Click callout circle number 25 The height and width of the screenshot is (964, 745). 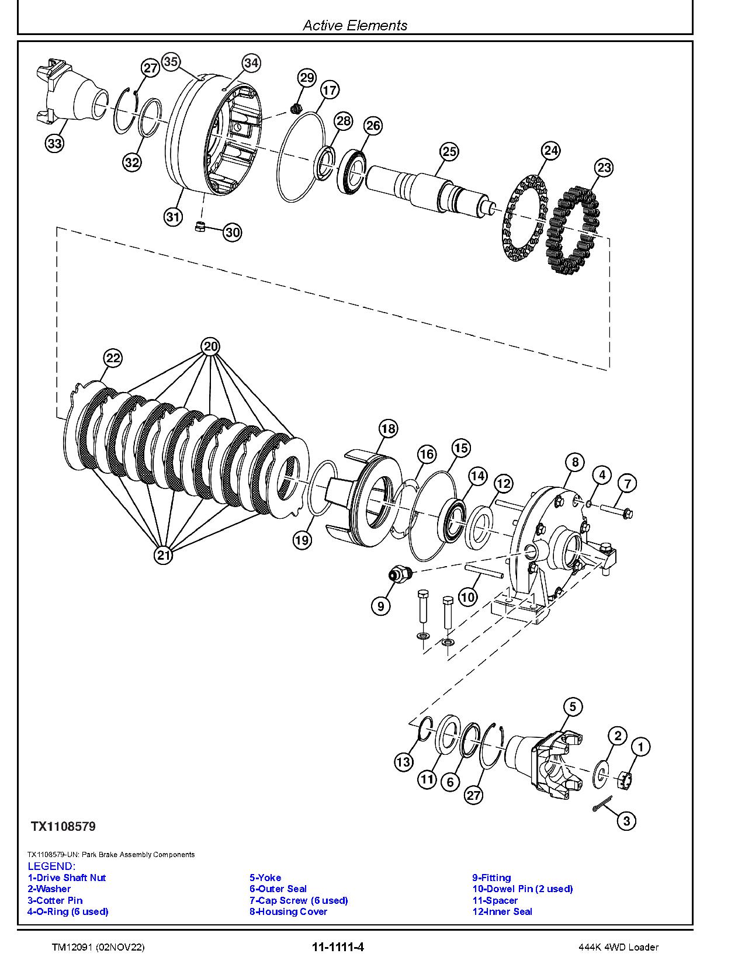coord(449,152)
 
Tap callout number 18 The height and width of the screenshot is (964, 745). coord(388,429)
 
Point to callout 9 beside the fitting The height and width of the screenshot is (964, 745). coord(380,606)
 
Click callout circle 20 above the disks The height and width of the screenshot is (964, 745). coord(210,346)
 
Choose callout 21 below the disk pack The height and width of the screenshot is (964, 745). coord(164,554)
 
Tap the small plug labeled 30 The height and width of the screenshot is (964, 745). coord(200,227)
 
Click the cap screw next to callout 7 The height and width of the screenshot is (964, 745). coord(617,512)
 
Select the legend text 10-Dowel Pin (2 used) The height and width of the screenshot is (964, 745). coord(522,889)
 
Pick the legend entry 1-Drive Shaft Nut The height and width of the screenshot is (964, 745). coord(67,878)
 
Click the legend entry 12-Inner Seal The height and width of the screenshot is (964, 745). coord(502,911)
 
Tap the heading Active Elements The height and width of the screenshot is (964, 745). coord(355,25)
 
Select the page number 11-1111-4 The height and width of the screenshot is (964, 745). coord(338,947)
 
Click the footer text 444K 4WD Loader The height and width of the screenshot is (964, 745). coord(615,947)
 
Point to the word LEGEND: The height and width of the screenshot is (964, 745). coord(51,866)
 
